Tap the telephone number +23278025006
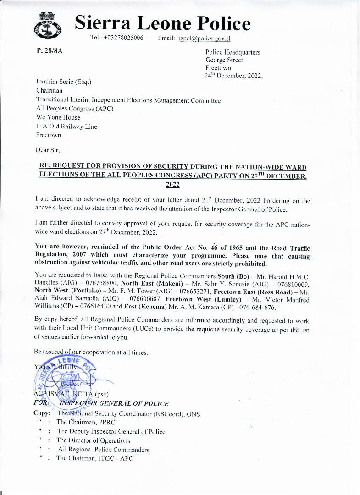[117, 38]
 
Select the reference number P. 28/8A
[50, 50]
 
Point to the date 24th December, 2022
[233, 76]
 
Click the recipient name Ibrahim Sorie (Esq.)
[64, 82]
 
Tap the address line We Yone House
[58, 117]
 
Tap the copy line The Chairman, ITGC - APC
[94, 458]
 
